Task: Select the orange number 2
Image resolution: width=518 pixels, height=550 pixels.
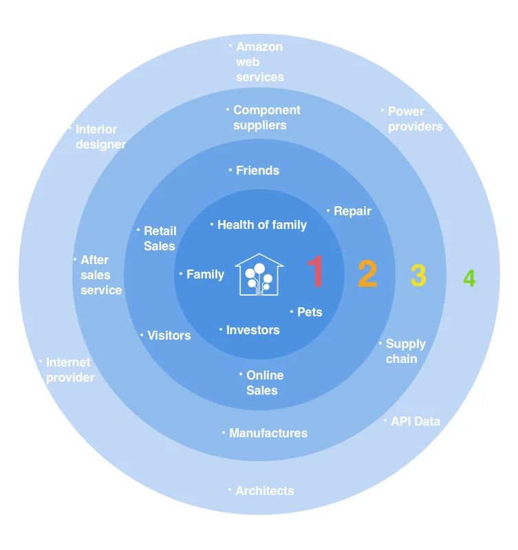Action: (x=367, y=274)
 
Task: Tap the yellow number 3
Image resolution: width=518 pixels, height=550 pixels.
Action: (x=418, y=276)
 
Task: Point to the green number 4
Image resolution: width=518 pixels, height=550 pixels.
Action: (x=469, y=278)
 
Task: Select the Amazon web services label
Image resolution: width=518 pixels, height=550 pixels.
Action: (x=259, y=62)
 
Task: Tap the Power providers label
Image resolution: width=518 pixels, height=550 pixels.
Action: (x=415, y=119)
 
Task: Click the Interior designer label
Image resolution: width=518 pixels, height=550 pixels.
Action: (x=100, y=137)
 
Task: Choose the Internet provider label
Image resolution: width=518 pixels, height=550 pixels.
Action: (x=69, y=370)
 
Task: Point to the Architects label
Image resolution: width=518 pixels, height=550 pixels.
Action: (x=264, y=491)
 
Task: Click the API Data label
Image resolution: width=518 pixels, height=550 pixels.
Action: (x=415, y=421)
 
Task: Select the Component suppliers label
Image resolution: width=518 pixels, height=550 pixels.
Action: (x=266, y=118)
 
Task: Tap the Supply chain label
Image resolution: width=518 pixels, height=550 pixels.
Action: (x=405, y=351)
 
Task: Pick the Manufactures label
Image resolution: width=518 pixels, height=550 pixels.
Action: (x=268, y=433)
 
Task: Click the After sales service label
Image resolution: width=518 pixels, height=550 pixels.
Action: (x=100, y=275)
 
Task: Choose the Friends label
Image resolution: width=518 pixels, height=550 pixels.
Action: (x=257, y=170)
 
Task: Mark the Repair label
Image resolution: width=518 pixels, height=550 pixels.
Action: (x=352, y=211)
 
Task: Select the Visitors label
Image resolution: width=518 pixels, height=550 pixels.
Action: (x=169, y=335)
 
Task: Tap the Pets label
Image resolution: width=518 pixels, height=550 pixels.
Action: (x=309, y=312)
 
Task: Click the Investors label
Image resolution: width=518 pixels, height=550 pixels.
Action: (x=252, y=330)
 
